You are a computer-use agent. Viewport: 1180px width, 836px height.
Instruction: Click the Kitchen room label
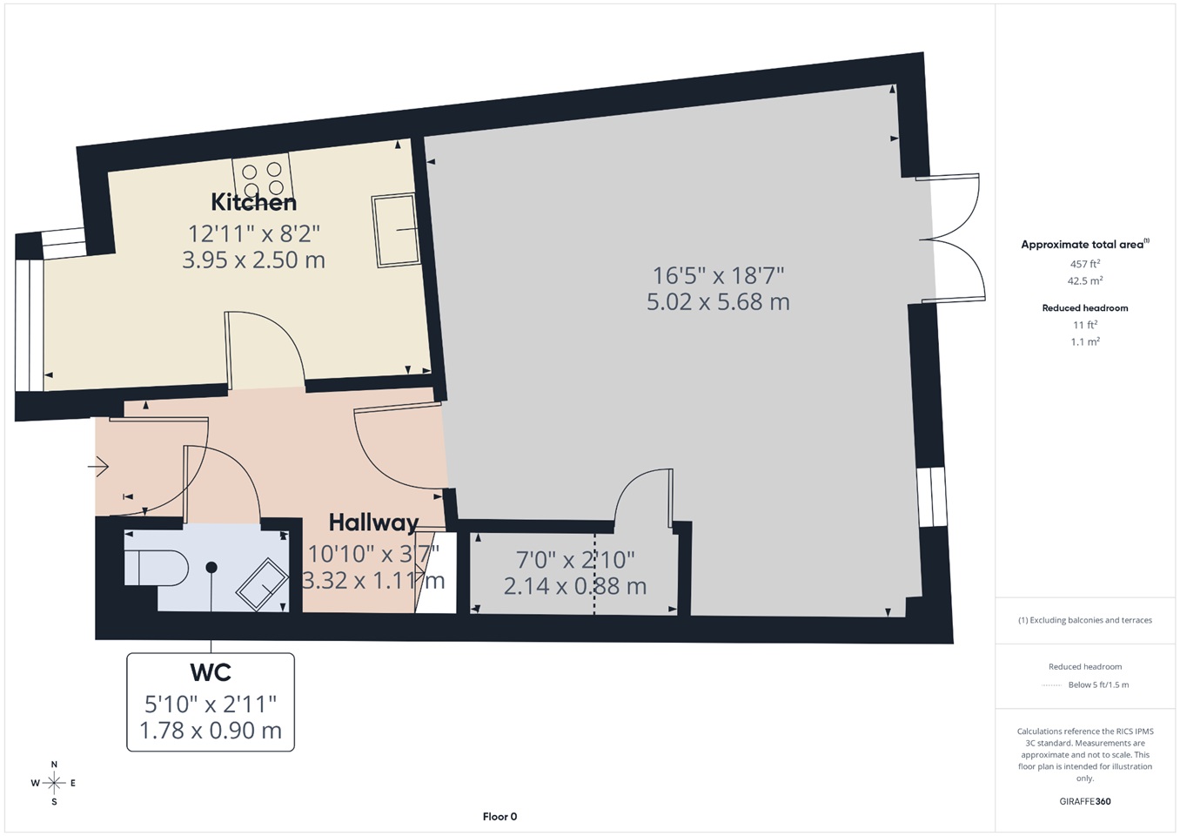(254, 202)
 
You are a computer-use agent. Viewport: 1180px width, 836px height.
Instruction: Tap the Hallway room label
(373, 522)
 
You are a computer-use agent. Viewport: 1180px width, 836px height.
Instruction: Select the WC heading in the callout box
(211, 672)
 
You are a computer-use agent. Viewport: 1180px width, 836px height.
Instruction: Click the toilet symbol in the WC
(157, 568)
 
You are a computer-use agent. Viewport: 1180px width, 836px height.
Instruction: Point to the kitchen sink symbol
(396, 231)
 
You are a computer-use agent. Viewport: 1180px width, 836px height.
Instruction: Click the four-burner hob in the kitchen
(261, 178)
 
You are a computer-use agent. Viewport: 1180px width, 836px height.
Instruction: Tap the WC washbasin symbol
(262, 584)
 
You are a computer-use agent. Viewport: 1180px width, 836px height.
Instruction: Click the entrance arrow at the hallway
(98, 467)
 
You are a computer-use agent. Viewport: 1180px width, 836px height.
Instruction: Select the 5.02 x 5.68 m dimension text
(719, 302)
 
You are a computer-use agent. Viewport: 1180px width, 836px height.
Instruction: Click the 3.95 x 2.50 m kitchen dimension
(254, 260)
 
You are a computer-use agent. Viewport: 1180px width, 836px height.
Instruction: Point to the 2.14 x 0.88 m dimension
(575, 586)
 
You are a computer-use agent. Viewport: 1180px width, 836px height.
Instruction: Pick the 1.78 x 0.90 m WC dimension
(211, 731)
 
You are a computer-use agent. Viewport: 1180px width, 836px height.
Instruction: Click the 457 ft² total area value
(1085, 264)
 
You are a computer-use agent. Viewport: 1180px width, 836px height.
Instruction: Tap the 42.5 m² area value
(1085, 280)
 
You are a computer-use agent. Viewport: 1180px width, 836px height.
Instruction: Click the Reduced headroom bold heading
(1085, 307)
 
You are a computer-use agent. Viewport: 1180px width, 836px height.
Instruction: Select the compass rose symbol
(54, 783)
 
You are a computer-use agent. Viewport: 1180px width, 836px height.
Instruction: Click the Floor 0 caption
(499, 817)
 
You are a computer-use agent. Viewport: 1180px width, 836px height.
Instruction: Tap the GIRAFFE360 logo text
(1085, 801)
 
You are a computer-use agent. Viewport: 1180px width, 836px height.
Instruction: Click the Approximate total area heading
(1085, 244)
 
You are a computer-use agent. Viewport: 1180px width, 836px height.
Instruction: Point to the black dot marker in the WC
(211, 567)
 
